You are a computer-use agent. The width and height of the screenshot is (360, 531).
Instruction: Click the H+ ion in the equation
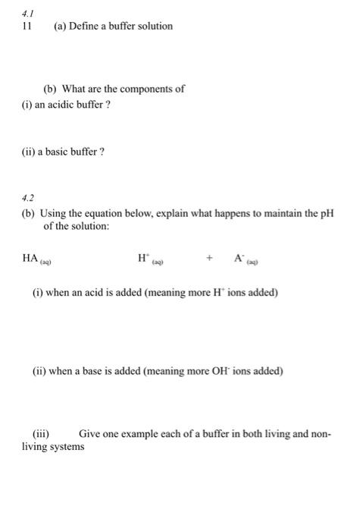pyautogui.click(x=143, y=258)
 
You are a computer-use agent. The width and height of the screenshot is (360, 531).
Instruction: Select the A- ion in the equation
pyautogui.click(x=239, y=258)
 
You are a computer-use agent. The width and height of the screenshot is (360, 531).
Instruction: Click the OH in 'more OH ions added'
pyautogui.click(x=227, y=371)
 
